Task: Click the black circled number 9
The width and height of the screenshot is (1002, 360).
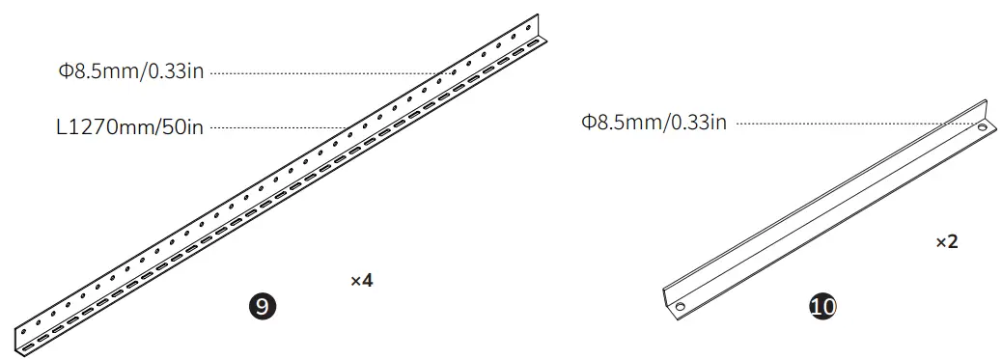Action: coord(262,306)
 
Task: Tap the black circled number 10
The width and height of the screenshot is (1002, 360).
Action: coord(822,306)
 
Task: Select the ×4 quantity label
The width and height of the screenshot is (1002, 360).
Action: coord(361,281)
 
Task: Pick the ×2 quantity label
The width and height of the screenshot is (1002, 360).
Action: coord(946,242)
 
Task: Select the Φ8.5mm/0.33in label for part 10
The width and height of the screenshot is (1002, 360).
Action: coord(654,123)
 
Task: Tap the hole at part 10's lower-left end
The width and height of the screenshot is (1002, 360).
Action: coord(679,307)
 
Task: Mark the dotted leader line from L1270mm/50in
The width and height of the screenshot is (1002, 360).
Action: coord(280,126)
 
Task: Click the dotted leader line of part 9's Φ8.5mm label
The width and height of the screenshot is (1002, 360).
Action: coord(328,71)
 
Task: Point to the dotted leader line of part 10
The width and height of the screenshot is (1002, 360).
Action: coord(849,123)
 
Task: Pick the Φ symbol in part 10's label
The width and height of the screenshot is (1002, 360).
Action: coord(588,123)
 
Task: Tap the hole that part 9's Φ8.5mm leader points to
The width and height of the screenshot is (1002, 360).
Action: coord(447,72)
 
